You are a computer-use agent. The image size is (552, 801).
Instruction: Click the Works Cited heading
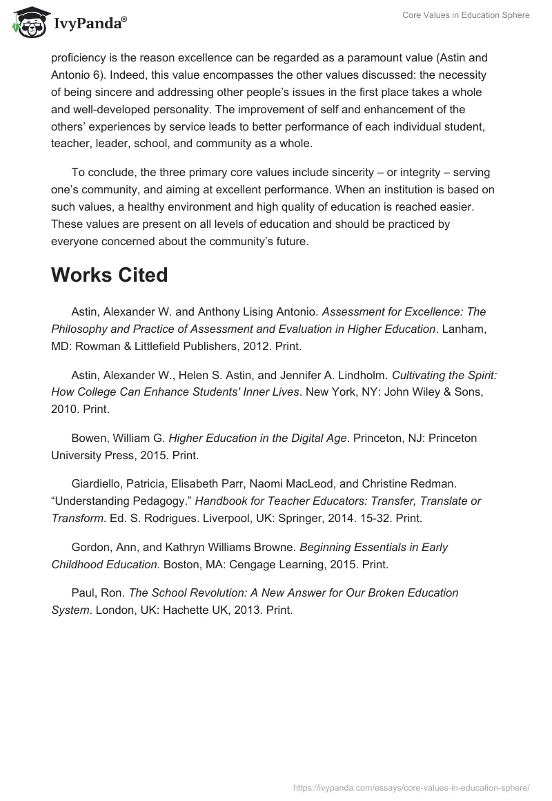point(109,275)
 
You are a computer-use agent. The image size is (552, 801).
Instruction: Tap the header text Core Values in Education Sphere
point(466,15)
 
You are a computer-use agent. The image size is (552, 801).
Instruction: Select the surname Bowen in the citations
point(90,438)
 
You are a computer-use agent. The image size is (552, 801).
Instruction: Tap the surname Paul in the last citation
point(83,592)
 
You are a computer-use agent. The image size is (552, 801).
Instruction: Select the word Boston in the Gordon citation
point(181,564)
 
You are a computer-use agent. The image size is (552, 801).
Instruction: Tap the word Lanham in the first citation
point(464,329)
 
